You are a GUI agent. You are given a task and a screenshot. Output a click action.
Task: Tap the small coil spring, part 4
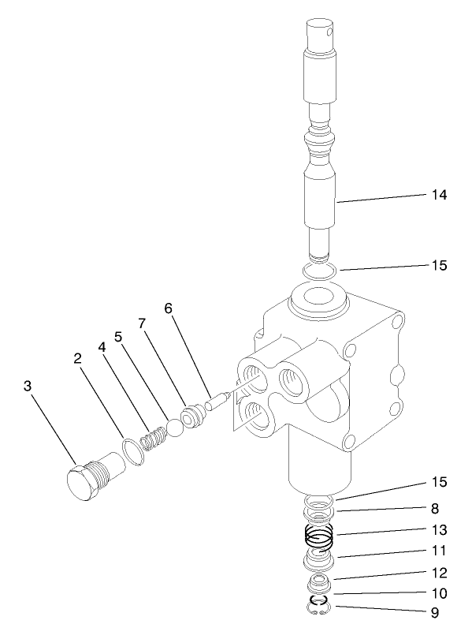click(x=154, y=435)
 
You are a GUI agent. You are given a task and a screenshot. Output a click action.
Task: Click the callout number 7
click(x=142, y=324)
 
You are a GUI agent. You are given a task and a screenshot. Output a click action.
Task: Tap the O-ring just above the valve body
click(x=320, y=271)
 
